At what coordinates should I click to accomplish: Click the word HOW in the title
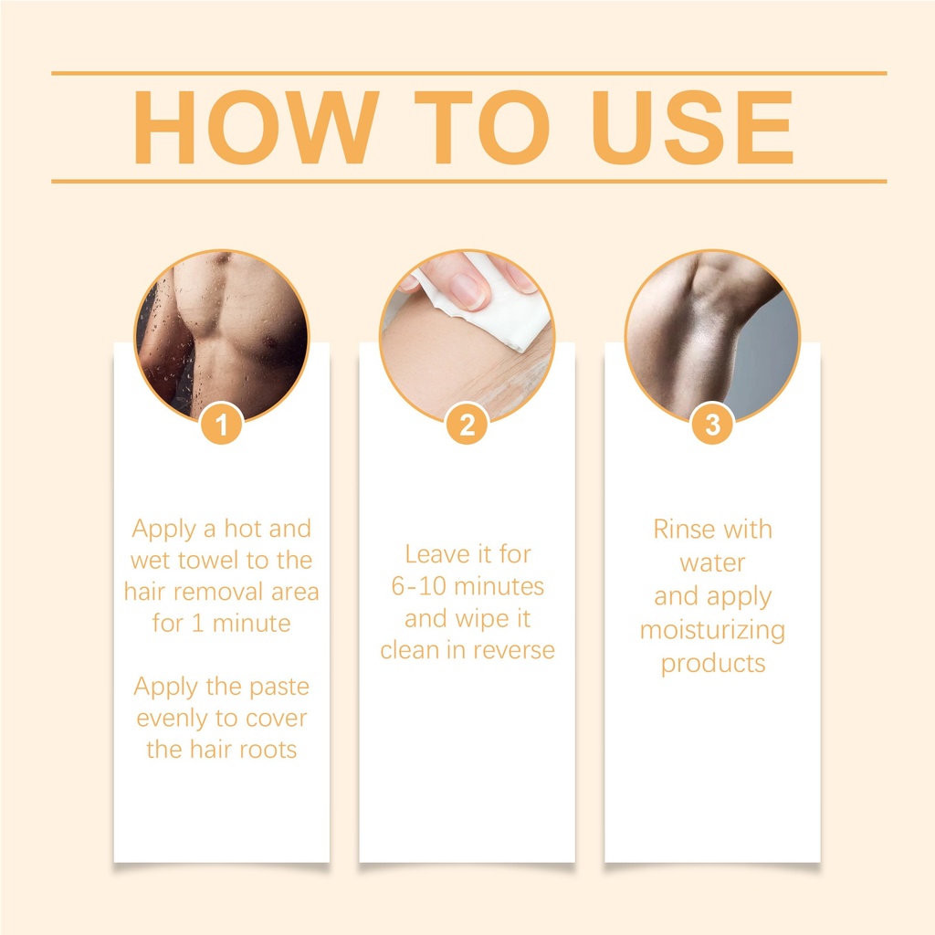point(257,127)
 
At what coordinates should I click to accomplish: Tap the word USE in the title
point(692,127)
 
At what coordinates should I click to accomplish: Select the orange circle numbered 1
point(221,425)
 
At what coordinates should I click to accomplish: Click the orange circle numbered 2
point(467,425)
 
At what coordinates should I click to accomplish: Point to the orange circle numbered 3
point(712,425)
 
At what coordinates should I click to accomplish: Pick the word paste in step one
point(279,688)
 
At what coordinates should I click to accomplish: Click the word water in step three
point(712,563)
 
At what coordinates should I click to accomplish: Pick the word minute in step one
point(252,624)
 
